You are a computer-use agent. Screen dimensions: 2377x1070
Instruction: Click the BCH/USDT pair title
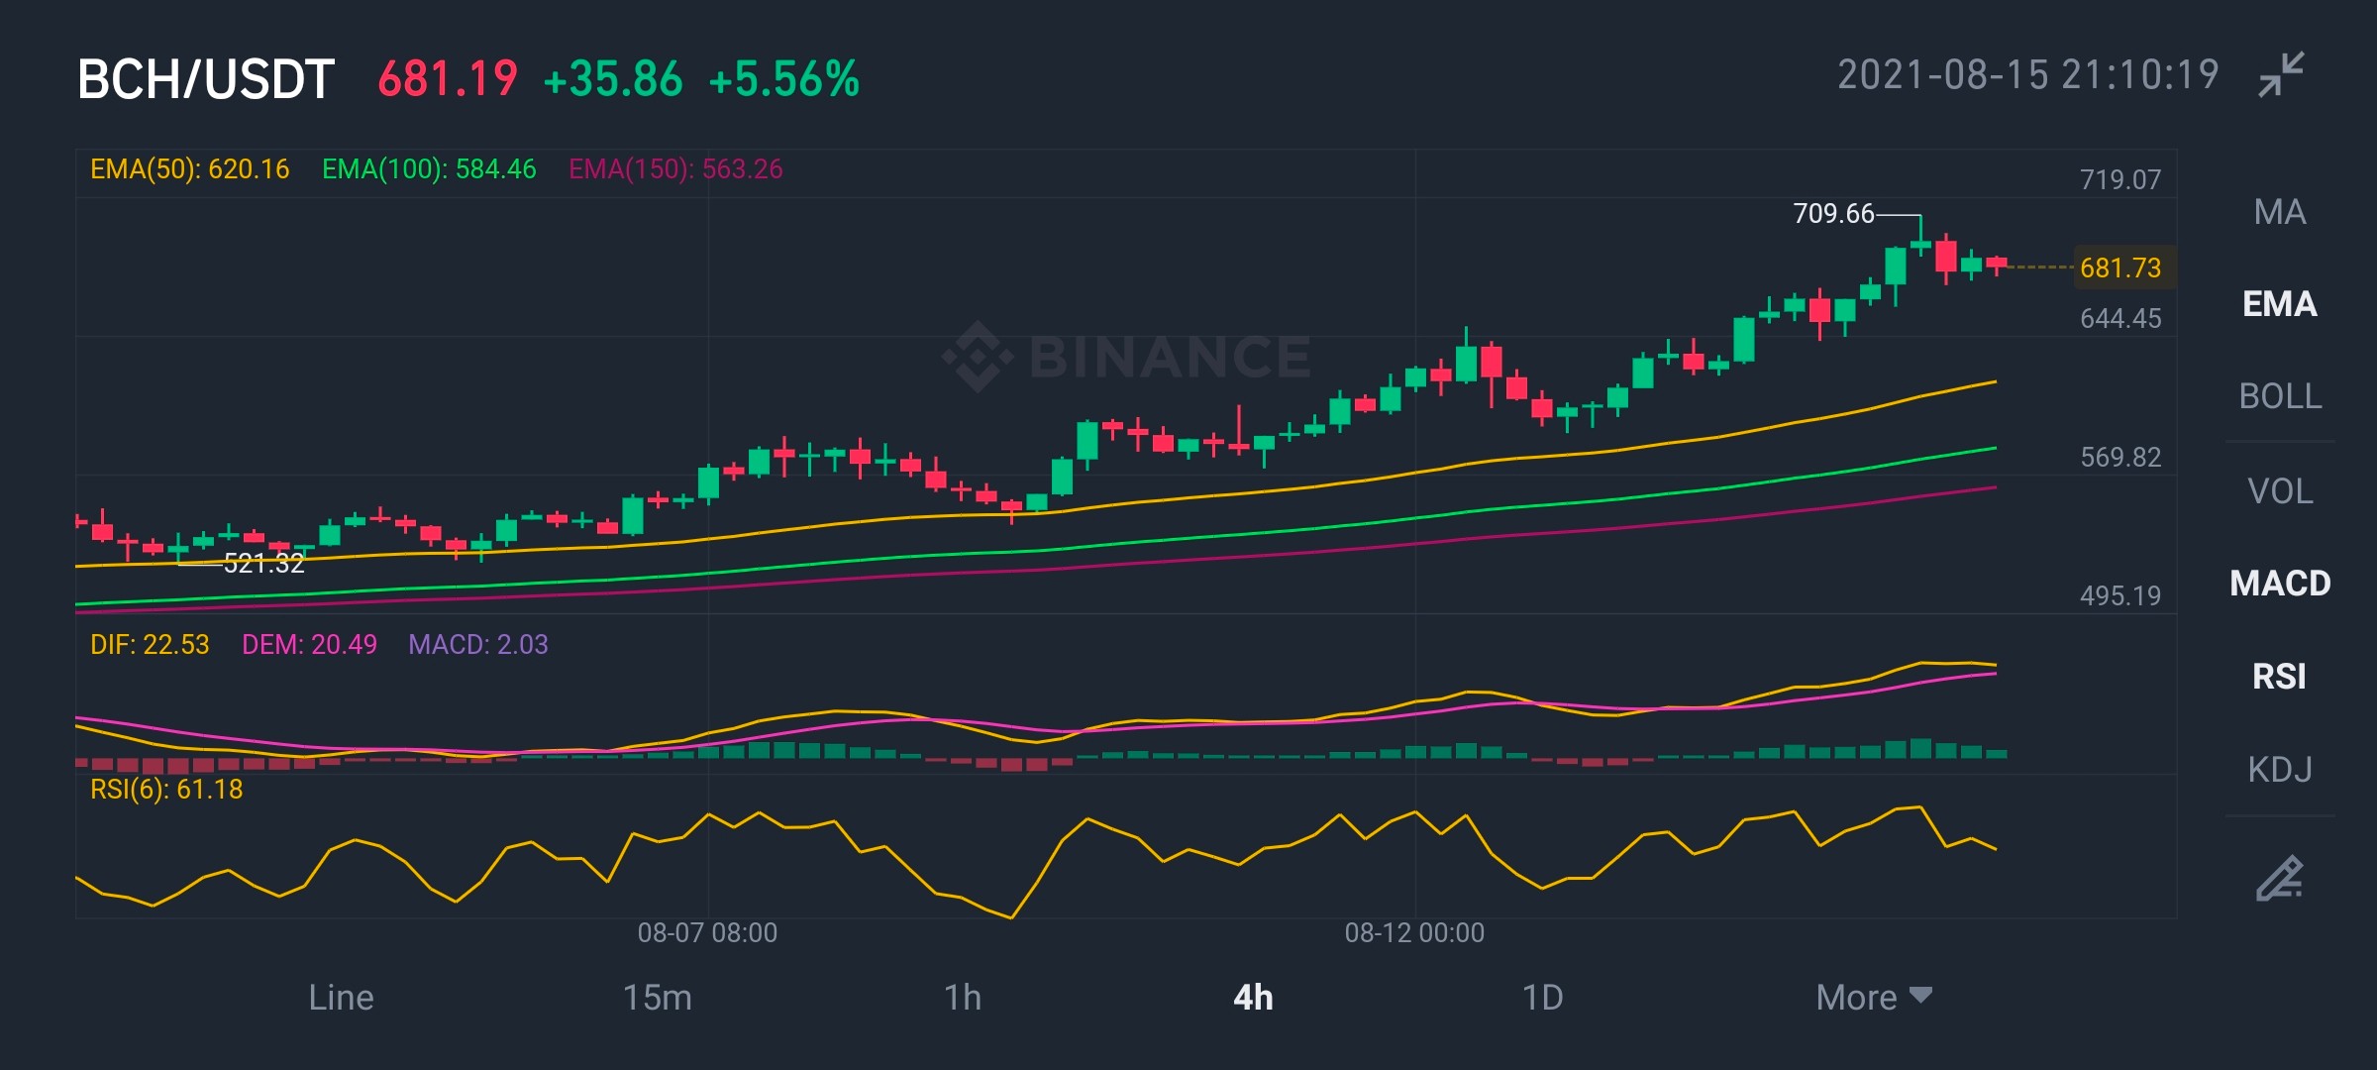pos(206,79)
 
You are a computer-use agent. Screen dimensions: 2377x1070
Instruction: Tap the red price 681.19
pos(448,79)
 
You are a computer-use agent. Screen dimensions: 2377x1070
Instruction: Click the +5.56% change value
pos(784,79)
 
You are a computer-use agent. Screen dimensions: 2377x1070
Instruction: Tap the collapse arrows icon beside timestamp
pos(2281,74)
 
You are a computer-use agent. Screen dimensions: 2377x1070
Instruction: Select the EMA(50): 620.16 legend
pos(190,169)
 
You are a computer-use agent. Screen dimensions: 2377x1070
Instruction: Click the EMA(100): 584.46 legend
pos(429,169)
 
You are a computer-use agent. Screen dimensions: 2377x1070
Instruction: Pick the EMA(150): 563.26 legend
pos(675,169)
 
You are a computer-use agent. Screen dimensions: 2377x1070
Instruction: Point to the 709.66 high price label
pos(1833,214)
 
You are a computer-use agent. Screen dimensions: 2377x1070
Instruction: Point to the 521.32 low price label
pos(263,564)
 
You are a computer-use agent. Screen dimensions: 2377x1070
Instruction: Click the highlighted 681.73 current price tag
pos(2121,267)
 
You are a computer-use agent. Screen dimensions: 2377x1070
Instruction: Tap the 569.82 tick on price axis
pos(2120,457)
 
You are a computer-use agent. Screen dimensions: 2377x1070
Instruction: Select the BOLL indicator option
pos(2280,396)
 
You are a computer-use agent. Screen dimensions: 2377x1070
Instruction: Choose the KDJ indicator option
pos(2280,769)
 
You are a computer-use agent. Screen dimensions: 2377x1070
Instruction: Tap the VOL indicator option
pos(2280,490)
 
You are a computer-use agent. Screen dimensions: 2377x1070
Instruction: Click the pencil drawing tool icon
pos(2279,878)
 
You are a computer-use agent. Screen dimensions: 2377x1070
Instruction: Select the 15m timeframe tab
pos(657,998)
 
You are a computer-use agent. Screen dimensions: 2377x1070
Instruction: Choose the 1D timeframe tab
pos(1542,998)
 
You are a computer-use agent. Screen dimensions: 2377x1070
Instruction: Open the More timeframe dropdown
pos(1874,998)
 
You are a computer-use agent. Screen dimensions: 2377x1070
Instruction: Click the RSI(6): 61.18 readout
pos(166,790)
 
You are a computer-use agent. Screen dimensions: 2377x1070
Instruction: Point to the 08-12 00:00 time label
pos(1414,932)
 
